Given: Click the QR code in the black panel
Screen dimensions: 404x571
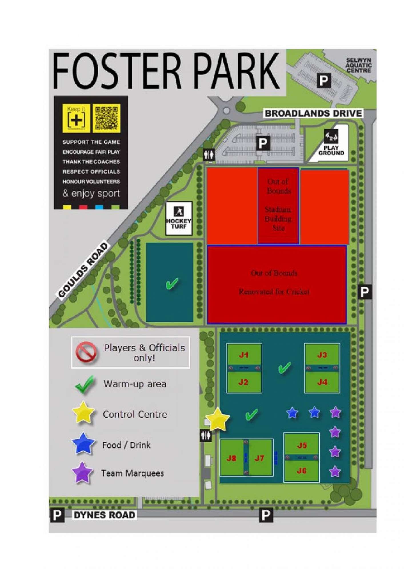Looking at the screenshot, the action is coord(106,118).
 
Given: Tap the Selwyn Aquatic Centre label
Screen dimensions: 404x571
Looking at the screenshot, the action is coord(358,65).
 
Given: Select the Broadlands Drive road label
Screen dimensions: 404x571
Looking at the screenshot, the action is coord(313,113).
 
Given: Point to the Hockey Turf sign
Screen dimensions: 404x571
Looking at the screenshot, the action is coord(179,218).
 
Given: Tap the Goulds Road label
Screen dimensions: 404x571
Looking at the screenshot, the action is coord(83,270).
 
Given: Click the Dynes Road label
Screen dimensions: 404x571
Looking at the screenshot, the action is coord(104,515).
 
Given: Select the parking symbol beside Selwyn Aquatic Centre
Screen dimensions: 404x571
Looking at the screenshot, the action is coord(324,81).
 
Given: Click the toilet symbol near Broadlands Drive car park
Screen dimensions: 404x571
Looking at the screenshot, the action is coord(209,155).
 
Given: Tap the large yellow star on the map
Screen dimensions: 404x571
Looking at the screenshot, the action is coord(218,419).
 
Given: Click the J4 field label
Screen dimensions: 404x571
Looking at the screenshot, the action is coord(322,382).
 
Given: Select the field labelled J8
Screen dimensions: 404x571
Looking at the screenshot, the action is coord(231,458).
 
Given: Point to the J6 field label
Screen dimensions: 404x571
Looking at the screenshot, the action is coord(301,471).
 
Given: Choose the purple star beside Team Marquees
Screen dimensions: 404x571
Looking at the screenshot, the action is coord(82,473).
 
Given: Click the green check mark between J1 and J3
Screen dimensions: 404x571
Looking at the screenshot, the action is coord(284,367).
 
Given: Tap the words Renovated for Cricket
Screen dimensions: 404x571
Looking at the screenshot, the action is coord(274,292).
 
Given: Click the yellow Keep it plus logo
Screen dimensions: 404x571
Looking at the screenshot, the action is coord(76,118).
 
